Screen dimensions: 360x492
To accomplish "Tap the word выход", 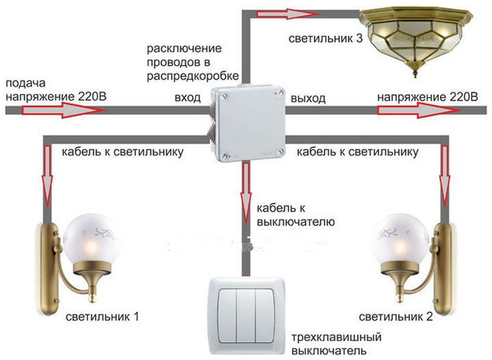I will tap(307, 99).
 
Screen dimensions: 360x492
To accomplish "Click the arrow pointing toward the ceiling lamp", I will tap(284, 12).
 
